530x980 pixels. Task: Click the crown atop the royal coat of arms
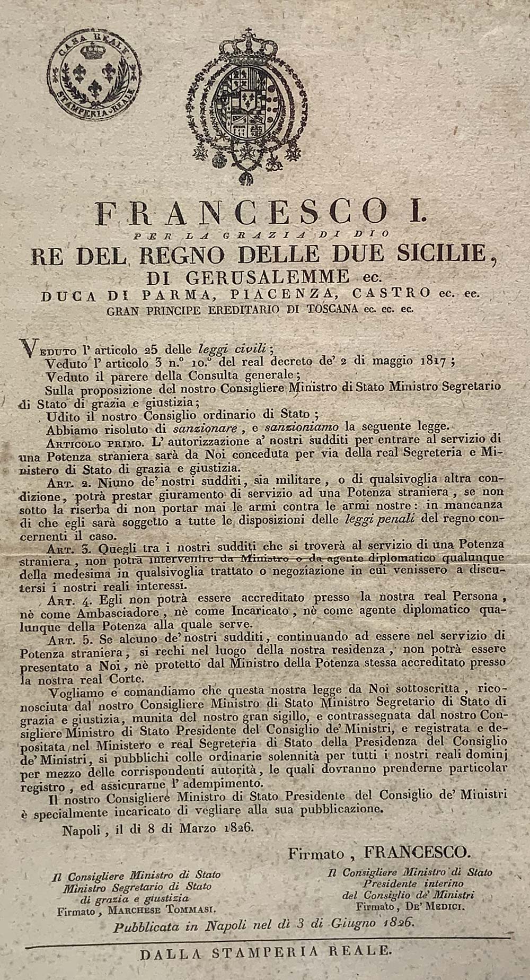[245, 45]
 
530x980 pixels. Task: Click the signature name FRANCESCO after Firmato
[417, 852]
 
